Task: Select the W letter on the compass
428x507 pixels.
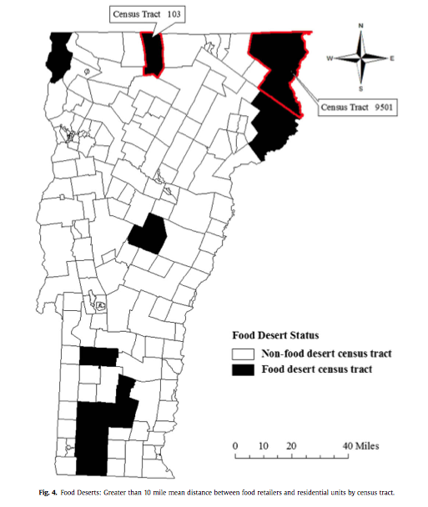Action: [x=330, y=58]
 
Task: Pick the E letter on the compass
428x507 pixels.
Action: [x=391, y=58]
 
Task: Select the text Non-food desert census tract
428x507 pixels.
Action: [x=327, y=354]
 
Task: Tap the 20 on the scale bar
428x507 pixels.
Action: [x=291, y=445]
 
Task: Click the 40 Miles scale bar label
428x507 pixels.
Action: [x=361, y=445]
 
